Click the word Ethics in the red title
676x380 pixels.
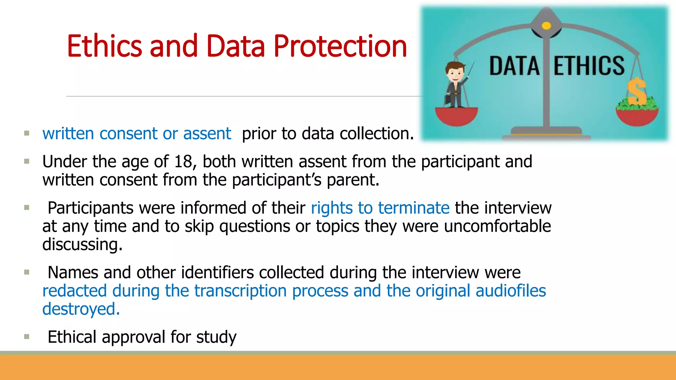[x=104, y=46]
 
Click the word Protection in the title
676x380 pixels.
[x=340, y=46]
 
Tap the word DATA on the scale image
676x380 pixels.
[x=514, y=66]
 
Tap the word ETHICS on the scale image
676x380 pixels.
[x=589, y=66]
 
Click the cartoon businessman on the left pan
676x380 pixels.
[x=456, y=84]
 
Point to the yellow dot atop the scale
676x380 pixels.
[x=546, y=26]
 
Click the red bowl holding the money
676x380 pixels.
[x=637, y=117]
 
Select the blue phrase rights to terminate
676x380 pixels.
[x=380, y=208]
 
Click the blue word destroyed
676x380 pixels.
[x=81, y=309]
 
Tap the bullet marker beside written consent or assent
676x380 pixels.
[x=27, y=134]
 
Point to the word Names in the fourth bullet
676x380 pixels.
[x=73, y=273]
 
